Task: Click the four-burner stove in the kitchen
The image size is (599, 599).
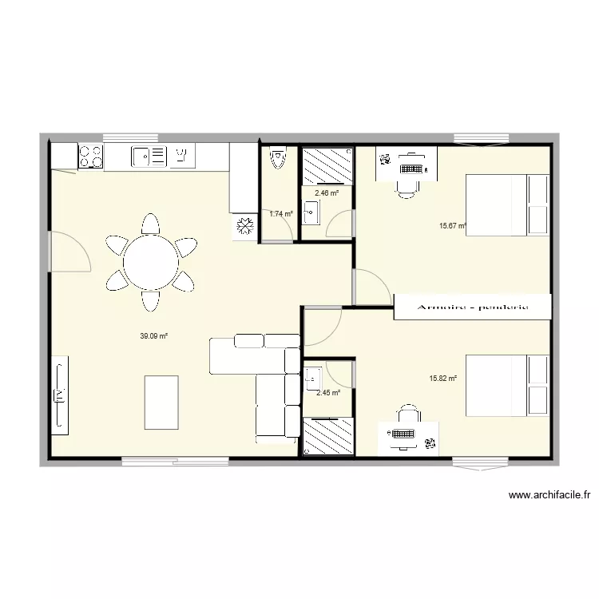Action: coord(90,157)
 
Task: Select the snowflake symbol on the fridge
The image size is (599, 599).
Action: coord(244,226)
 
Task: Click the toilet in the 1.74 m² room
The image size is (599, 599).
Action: coord(277,159)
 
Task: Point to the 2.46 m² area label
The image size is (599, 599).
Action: coord(327,192)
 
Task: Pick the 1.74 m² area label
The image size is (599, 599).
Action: coord(281,213)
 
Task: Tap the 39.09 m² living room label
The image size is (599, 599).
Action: coord(153,336)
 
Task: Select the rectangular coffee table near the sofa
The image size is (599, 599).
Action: coord(161,403)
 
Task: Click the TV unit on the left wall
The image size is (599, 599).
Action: coord(60,395)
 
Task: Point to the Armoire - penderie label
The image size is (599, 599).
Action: coord(473,307)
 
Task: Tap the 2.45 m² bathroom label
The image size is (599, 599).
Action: coord(328,392)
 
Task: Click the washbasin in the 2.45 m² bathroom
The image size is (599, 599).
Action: coord(312,378)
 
